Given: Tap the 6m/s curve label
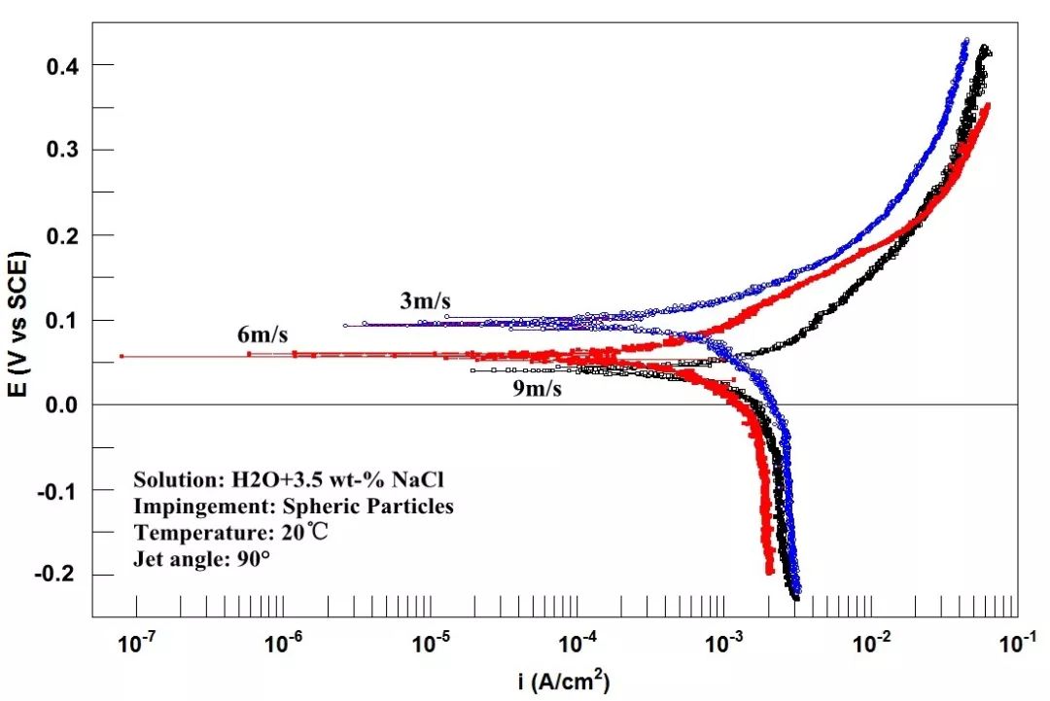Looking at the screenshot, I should tap(262, 336).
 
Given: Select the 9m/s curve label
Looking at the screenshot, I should tap(537, 389).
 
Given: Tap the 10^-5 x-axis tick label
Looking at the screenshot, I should tap(430, 644).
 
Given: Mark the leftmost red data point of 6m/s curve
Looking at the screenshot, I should tap(122, 356).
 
